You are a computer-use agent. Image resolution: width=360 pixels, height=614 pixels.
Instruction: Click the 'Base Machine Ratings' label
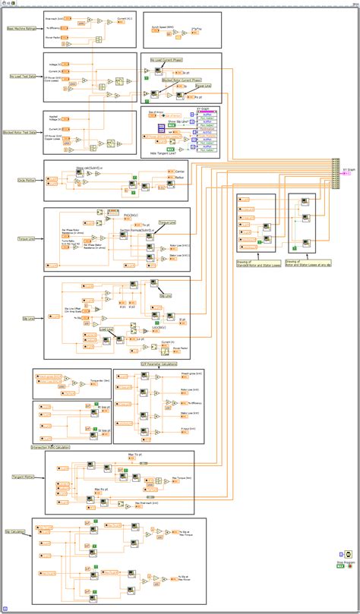[x=22, y=29]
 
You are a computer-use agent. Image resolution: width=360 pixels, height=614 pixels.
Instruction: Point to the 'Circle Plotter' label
[x=17, y=181]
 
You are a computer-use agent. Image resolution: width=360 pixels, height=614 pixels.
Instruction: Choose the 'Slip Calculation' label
[x=17, y=532]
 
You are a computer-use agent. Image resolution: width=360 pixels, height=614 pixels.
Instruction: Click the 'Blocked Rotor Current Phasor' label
[x=180, y=79]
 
